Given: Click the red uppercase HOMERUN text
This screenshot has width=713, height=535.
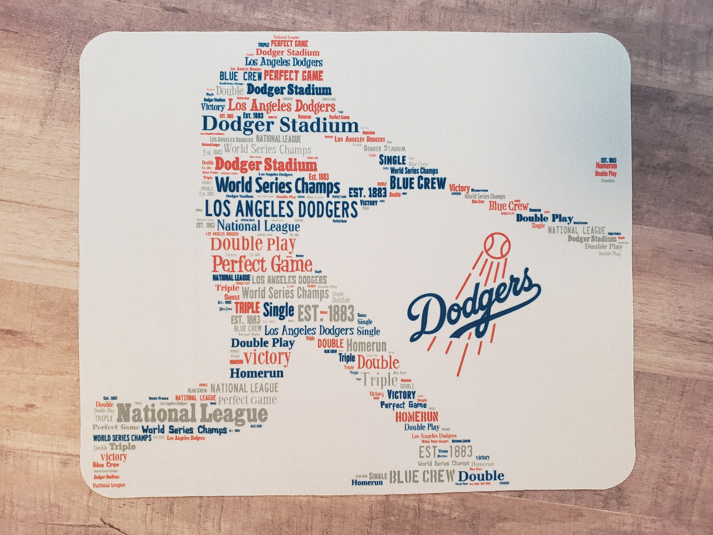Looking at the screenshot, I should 416,417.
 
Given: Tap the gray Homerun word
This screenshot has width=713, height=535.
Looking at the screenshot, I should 366,346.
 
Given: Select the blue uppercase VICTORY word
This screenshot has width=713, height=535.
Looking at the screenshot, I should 401,394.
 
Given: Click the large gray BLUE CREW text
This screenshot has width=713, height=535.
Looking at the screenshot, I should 423,477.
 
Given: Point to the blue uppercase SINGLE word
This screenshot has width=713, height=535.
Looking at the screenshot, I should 392,160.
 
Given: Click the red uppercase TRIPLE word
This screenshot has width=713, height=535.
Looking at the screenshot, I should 247,308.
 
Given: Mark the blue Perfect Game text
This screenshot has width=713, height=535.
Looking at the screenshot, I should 403,405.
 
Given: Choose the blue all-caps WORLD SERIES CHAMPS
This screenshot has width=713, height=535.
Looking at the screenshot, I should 122,438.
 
